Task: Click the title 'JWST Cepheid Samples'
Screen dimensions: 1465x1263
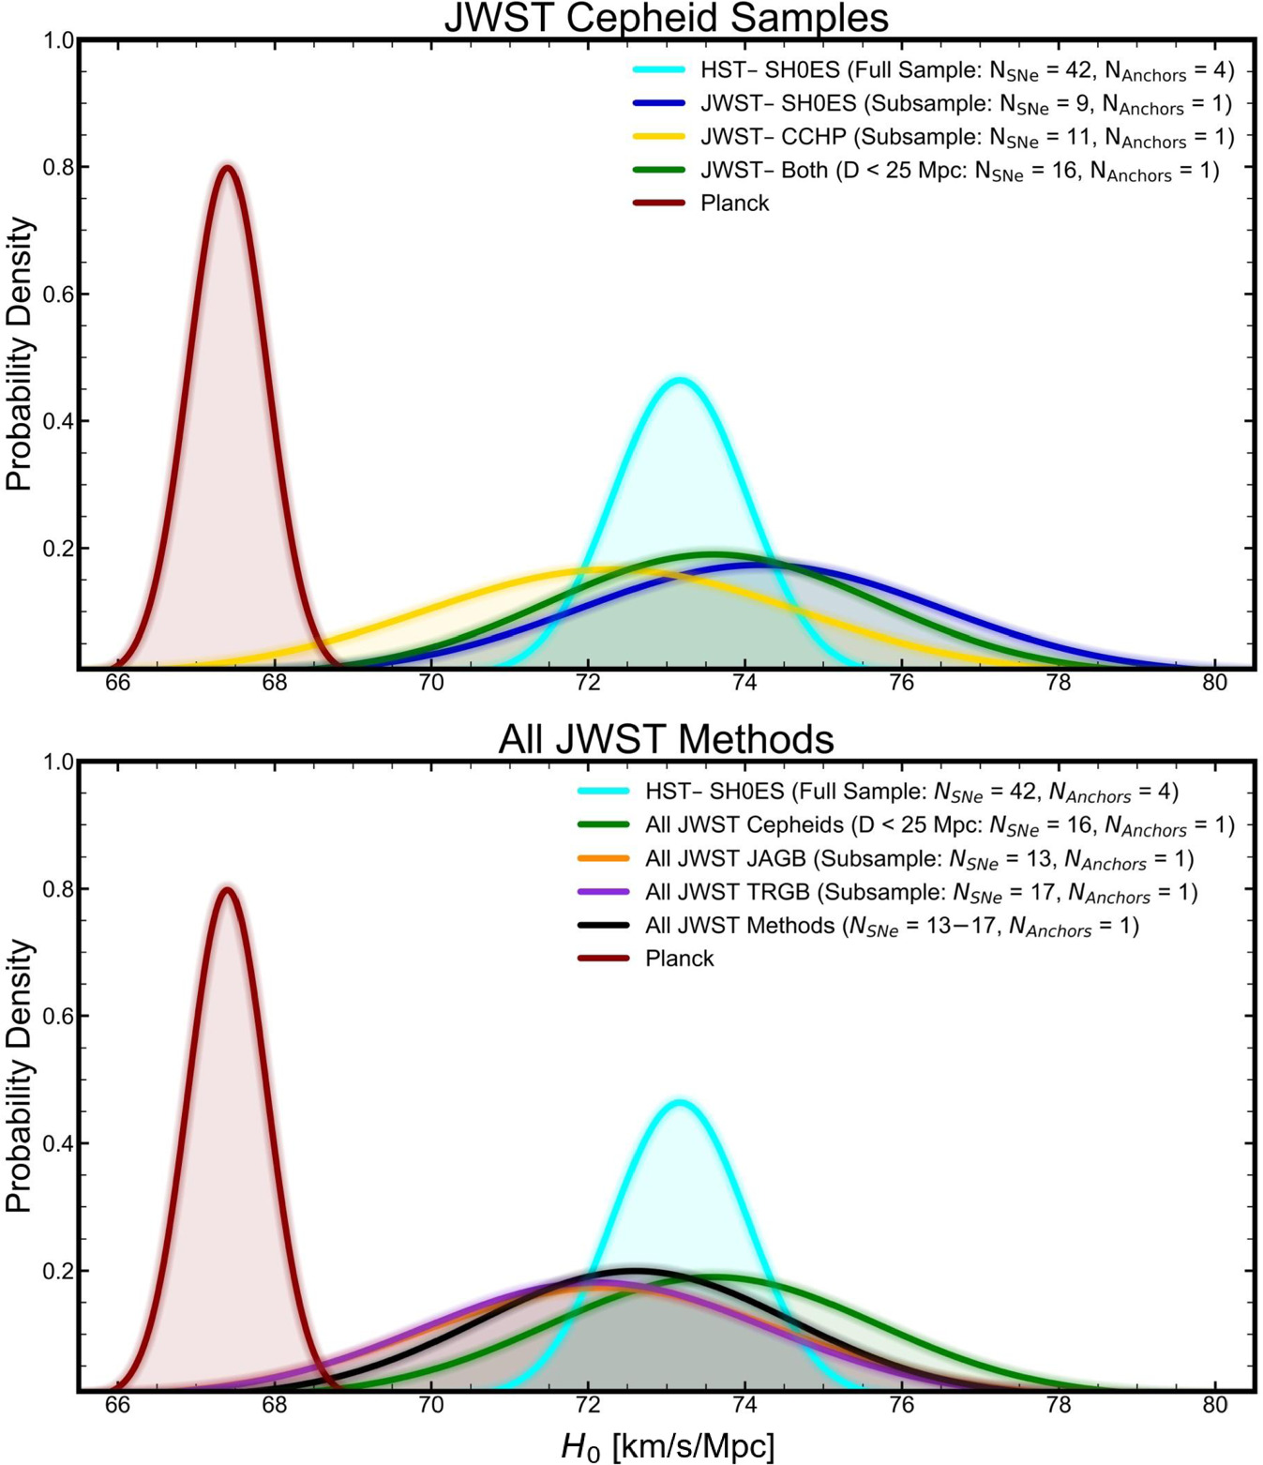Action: [x=666, y=17]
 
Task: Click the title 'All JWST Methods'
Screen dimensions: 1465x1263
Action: [x=666, y=739]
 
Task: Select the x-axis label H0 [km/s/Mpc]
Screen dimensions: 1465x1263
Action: [x=668, y=1445]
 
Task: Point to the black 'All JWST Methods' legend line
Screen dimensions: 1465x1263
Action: [x=603, y=926]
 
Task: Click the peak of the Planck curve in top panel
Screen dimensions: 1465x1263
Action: [x=227, y=168]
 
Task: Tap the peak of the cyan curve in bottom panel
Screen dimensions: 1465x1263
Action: [x=680, y=1103]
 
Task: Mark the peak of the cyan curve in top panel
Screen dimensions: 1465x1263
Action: [x=680, y=380]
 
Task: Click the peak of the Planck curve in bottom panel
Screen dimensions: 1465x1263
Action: [x=227, y=889]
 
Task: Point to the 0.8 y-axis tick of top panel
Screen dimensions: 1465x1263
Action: [x=60, y=167]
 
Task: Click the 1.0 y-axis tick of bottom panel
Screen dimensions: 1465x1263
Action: [x=60, y=762]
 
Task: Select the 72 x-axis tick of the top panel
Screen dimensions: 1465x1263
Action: [x=588, y=683]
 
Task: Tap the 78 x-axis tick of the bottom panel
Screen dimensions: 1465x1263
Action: [x=1058, y=1405]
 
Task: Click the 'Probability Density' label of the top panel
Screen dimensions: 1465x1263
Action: [x=19, y=354]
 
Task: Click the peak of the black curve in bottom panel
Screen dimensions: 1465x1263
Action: [x=635, y=1271]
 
